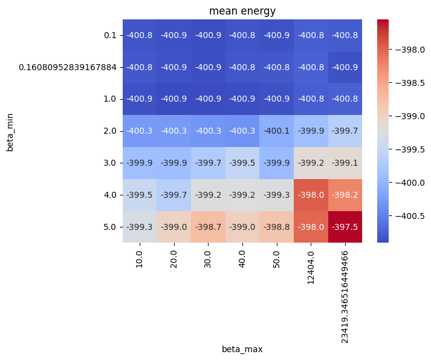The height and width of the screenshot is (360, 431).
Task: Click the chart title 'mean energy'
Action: click(242, 10)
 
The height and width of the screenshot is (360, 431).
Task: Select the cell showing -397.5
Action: click(345, 226)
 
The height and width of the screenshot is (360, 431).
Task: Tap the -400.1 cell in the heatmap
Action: click(277, 131)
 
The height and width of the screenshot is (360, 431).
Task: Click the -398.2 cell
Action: click(345, 194)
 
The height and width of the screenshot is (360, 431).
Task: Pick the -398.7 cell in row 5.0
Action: click(208, 226)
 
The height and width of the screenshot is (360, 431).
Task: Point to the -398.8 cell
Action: click(277, 226)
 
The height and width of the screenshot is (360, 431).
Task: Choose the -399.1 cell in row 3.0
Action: click(345, 163)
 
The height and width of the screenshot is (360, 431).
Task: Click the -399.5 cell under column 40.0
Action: click(242, 163)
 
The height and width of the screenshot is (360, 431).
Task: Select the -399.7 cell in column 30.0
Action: click(208, 163)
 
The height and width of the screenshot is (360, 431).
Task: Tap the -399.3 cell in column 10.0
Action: click(140, 226)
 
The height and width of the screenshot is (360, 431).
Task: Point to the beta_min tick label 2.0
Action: click(109, 131)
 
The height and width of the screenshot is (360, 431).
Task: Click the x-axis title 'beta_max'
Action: click(242, 349)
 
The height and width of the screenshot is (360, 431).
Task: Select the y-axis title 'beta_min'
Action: click(10, 131)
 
